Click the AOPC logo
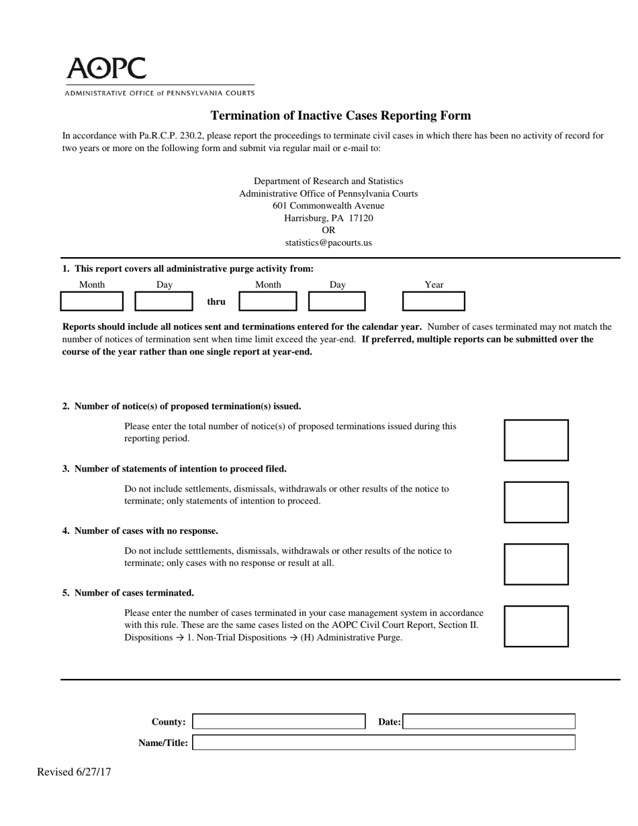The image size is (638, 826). click(106, 68)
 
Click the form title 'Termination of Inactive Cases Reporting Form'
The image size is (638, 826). click(340, 116)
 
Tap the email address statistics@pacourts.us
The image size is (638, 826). click(328, 242)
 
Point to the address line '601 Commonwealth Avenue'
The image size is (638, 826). click(328, 205)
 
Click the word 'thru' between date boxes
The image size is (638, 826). click(216, 302)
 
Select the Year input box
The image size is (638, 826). click(433, 302)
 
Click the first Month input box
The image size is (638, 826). click(92, 302)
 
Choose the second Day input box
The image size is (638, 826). click(336, 302)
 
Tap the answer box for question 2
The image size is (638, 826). click(536, 440)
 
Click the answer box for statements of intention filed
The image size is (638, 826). click(536, 502)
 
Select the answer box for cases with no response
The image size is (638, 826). click(536, 564)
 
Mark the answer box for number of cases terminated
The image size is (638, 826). click(536, 626)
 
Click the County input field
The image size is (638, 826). click(279, 722)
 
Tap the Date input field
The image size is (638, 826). click(490, 722)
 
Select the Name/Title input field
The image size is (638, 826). click(383, 743)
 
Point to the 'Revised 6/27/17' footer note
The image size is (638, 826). click(74, 772)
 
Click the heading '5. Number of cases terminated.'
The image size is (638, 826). click(128, 593)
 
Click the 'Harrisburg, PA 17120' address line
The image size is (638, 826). click(328, 218)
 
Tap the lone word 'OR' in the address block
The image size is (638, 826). click(328, 230)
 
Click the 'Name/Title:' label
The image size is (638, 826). click(163, 743)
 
